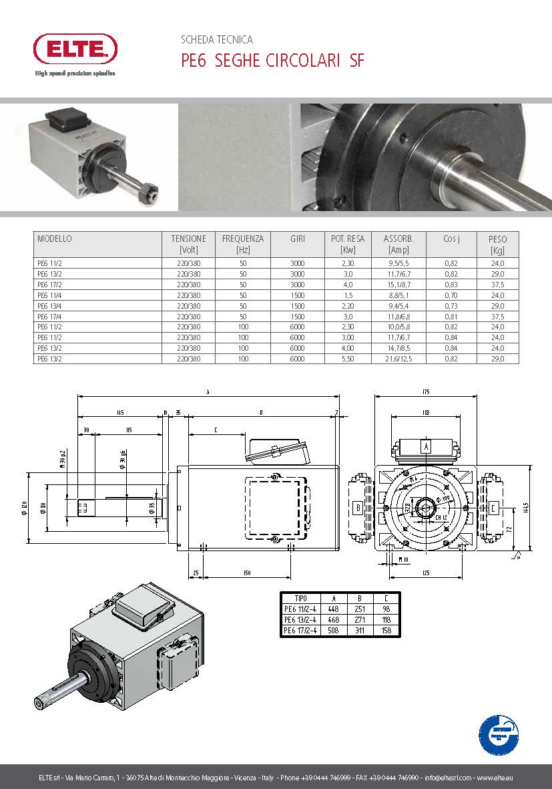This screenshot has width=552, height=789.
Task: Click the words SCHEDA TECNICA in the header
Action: coord(217,40)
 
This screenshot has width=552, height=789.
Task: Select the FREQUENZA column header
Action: coord(243,244)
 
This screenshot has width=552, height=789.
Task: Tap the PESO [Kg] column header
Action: coord(497,244)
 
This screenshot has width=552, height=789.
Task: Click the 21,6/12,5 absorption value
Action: coord(398,359)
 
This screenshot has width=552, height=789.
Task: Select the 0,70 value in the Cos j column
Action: coord(451,295)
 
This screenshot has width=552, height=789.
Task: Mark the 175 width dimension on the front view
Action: coord(425,391)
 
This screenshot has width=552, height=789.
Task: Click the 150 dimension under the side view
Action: coord(248,573)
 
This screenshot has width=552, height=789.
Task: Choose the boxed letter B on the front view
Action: coord(357,507)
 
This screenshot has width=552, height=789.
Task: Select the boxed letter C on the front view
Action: coord(493,507)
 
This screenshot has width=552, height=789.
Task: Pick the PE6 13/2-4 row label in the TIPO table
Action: coord(300,619)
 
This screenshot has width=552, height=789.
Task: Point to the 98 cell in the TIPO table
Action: coord(385,609)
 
